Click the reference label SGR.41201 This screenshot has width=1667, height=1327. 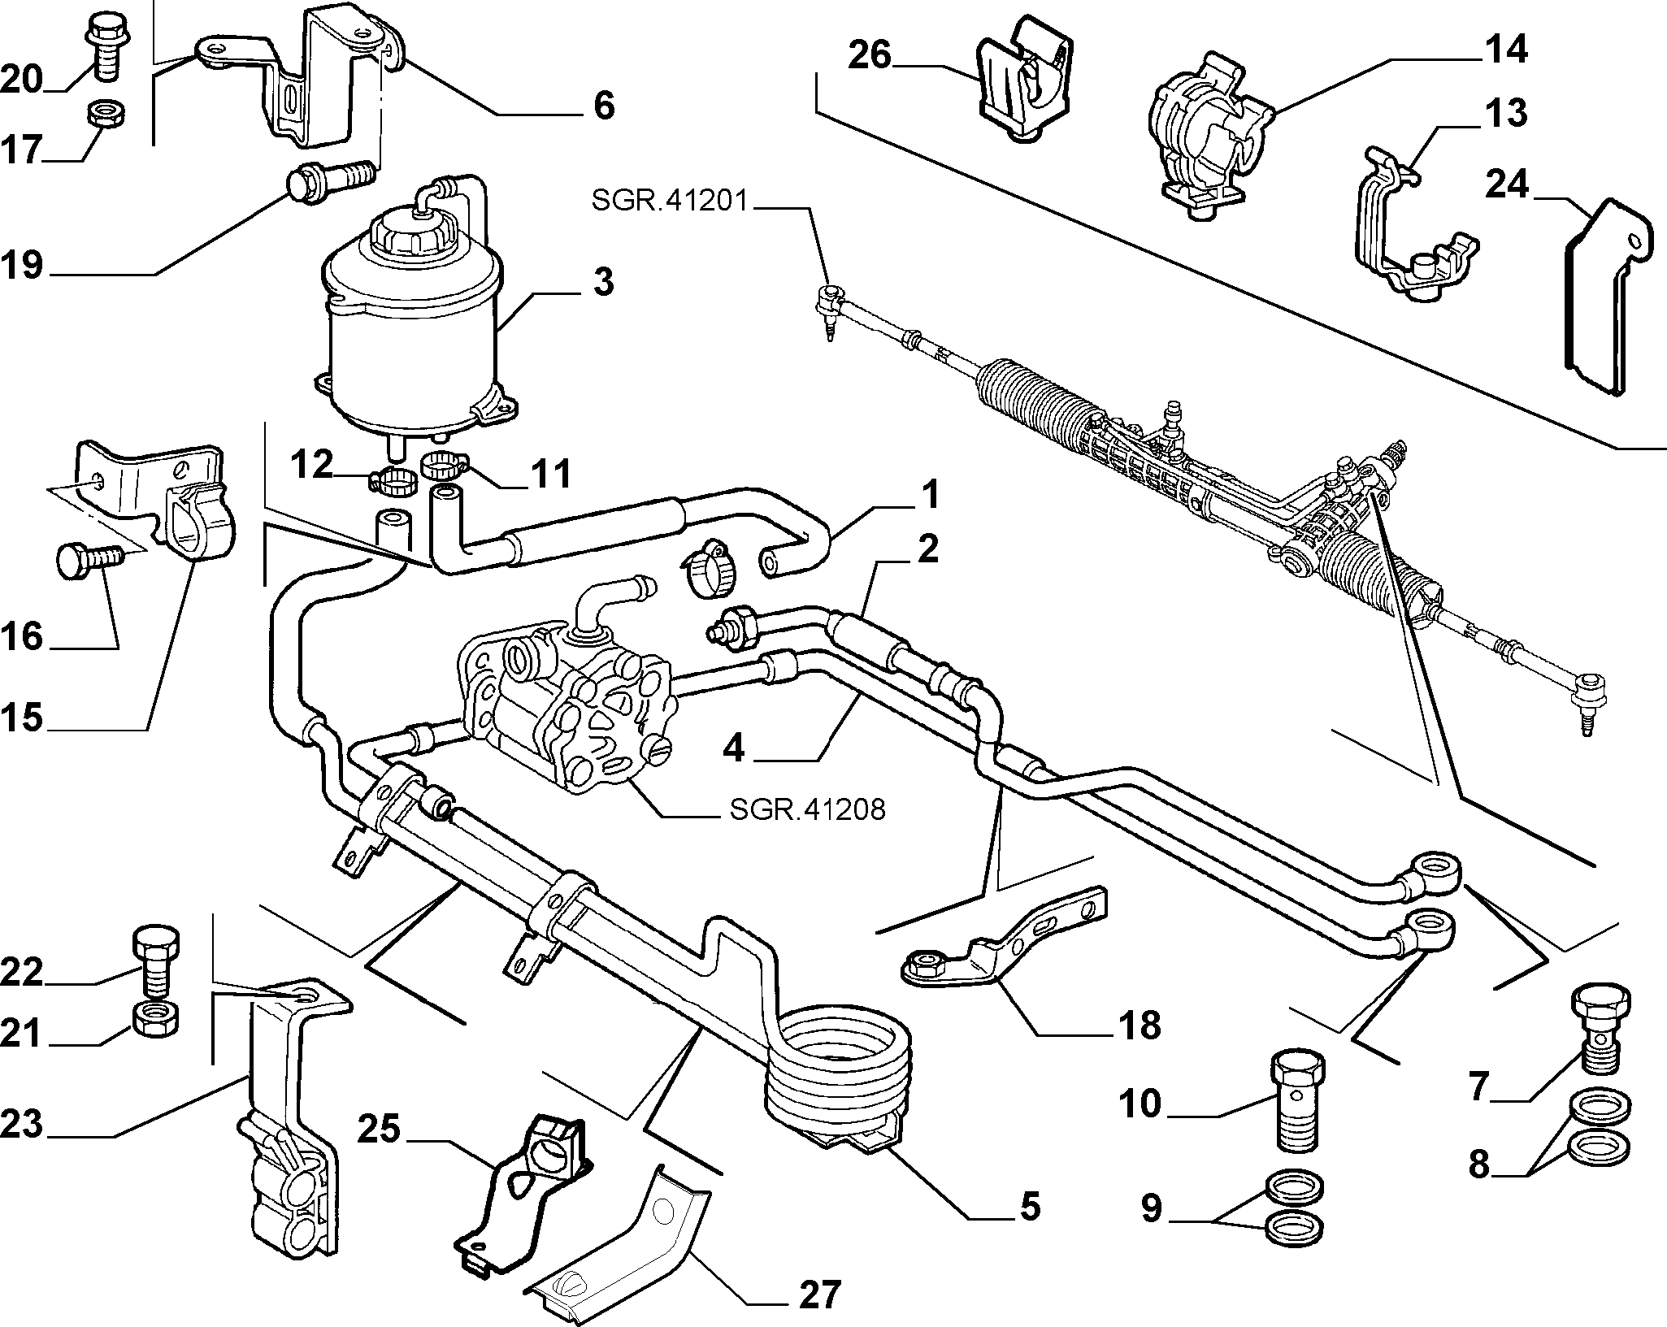(x=670, y=201)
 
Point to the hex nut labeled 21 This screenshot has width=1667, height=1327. (x=155, y=1017)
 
